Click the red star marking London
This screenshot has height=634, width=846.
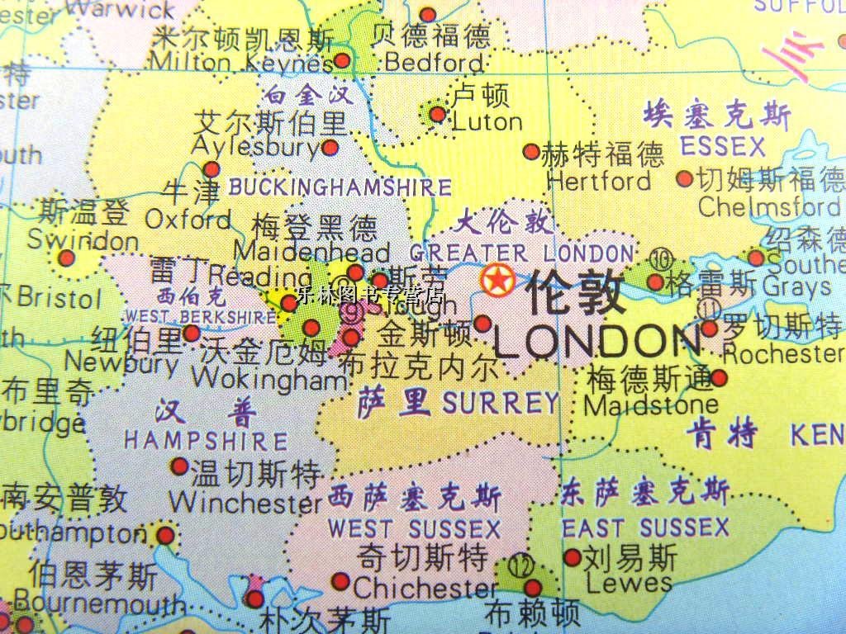pos(496,281)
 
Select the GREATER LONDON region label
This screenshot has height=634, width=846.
pos(522,253)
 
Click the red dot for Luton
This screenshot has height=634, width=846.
pos(438,114)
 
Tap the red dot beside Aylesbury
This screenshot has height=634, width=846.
pos(330,148)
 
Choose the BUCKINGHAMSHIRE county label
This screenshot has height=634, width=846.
pos(340,187)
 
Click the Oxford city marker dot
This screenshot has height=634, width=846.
pos(211,169)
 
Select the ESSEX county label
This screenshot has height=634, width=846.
pos(723,147)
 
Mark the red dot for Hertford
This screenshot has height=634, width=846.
pos(531,152)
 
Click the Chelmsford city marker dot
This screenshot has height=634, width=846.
pos(684,177)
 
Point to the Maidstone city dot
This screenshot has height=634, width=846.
pos(719,378)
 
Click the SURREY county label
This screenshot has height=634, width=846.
pos(501,403)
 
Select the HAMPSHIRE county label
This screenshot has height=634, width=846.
pos(206,441)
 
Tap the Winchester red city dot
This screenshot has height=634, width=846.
pos(179,466)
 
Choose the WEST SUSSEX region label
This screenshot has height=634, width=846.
pos(414,528)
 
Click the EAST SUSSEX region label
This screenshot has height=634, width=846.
pos(645,527)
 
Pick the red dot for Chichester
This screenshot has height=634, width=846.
pos(340,581)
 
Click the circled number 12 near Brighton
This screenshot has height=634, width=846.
pos(520,568)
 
